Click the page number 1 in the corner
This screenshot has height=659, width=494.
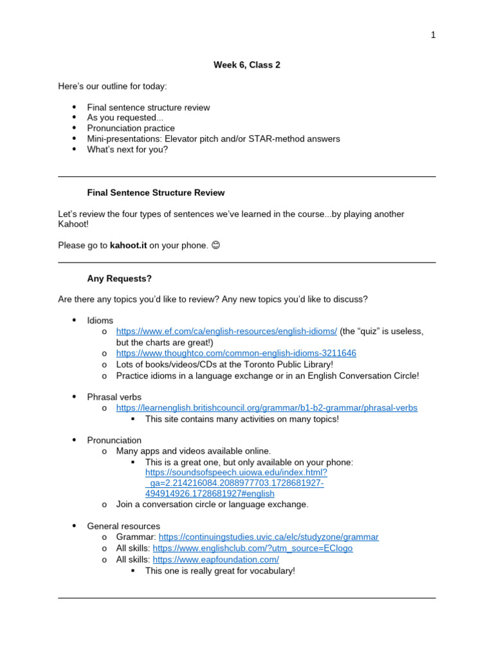tap(434, 35)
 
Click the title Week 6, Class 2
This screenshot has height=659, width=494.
tap(246, 65)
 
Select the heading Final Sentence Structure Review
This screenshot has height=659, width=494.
tap(156, 193)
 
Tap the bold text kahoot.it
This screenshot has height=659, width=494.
tap(129, 245)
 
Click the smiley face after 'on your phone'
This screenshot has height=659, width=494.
tap(215, 245)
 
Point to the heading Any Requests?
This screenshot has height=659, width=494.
tap(120, 279)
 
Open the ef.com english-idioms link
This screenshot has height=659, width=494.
tap(226, 331)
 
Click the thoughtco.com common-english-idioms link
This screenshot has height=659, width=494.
tap(236, 353)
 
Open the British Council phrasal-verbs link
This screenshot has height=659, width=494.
tap(266, 408)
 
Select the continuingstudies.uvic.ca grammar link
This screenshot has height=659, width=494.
tap(268, 537)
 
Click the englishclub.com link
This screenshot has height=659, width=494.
tap(253, 548)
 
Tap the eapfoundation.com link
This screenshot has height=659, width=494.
tap(215, 560)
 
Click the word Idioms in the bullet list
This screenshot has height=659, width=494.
tap(100, 320)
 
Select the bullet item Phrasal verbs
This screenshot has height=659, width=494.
tap(114, 397)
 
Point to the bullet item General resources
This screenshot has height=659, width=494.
tap(123, 526)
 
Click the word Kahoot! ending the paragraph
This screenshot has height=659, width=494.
tap(73, 225)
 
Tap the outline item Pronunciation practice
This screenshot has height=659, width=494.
tap(131, 128)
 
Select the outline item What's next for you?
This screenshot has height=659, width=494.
tap(127, 149)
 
